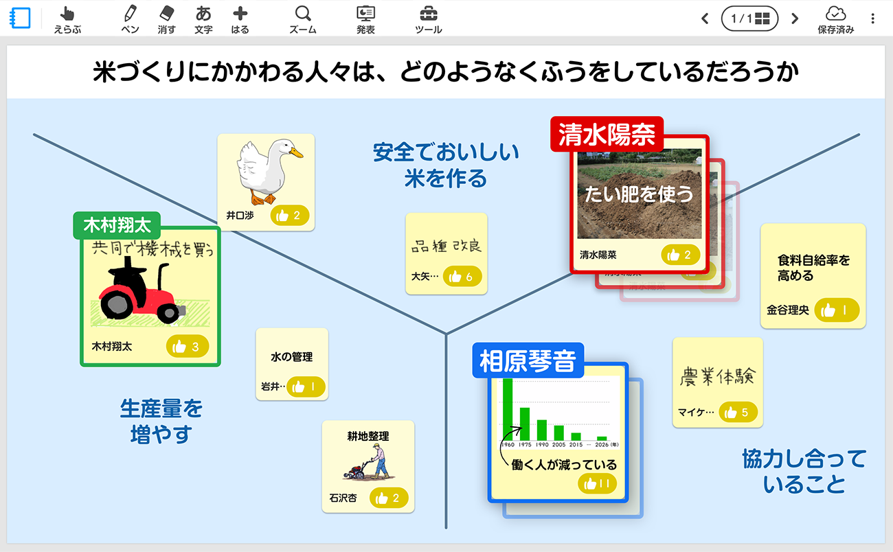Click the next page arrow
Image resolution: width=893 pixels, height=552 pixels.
pos(795,19)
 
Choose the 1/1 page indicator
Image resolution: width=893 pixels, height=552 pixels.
pos(749,19)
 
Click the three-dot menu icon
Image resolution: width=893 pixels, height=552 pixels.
pos(873,19)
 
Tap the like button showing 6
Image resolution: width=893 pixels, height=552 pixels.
pos(462,277)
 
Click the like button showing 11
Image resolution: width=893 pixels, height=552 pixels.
pos(597,484)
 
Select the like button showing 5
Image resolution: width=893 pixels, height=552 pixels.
pos(738,413)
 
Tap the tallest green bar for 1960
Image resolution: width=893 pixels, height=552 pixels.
pos(508,409)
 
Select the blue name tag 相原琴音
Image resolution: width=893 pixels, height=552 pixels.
pos(528,360)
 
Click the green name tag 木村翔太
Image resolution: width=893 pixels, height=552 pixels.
pos(117,225)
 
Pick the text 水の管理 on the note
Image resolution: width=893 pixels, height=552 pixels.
pos(291,357)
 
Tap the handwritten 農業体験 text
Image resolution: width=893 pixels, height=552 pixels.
pos(717,376)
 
